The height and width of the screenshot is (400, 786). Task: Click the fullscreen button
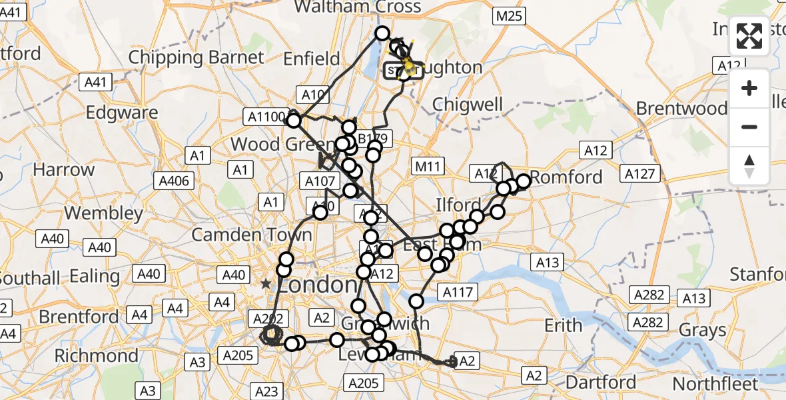[749, 37]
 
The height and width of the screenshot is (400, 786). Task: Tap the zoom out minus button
[749, 127]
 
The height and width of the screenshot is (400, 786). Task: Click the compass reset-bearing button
[749, 166]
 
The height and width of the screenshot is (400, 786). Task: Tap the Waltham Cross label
[358, 7]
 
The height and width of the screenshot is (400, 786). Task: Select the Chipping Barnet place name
[196, 57]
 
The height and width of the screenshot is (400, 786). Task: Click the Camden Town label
[251, 235]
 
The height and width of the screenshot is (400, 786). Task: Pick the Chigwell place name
[468, 104]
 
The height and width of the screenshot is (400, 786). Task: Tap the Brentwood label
[681, 108]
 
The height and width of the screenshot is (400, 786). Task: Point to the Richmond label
[96, 355]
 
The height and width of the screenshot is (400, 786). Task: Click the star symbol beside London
[266, 284]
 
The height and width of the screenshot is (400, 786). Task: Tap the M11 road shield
[428, 165]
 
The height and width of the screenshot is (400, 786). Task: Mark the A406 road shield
[174, 181]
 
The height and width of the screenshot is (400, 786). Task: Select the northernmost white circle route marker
[382, 33]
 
